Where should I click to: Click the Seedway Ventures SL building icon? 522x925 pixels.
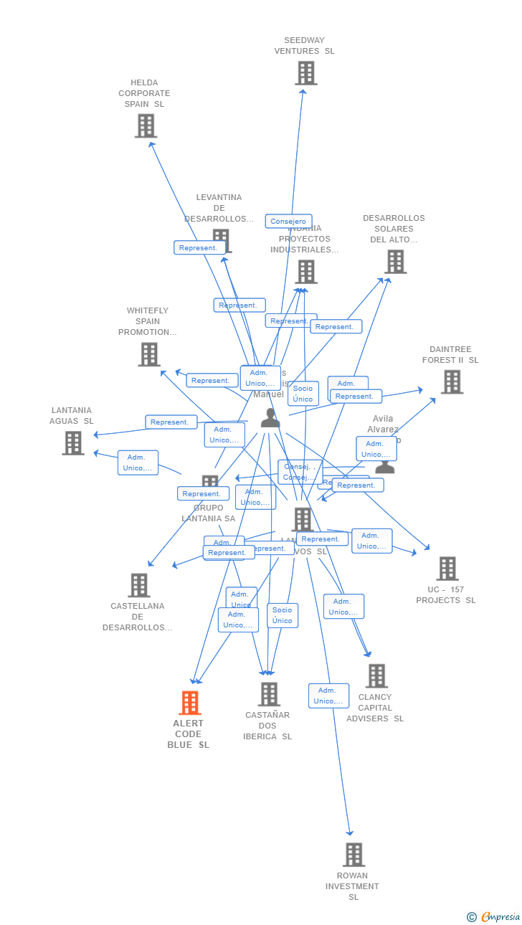point(306,73)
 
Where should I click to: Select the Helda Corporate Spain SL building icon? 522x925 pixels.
point(146,126)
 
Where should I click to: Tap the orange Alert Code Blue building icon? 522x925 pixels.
point(190,703)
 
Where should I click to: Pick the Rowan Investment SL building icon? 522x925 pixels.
point(353,855)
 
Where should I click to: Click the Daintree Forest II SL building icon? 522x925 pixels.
point(452,382)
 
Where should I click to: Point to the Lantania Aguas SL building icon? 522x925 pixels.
point(73,443)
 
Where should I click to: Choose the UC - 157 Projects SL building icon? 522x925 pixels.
point(447,569)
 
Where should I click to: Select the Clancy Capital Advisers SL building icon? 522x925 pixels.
point(376,675)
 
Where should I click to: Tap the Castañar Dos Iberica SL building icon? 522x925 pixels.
point(269,694)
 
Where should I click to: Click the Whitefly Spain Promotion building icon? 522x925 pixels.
point(149,354)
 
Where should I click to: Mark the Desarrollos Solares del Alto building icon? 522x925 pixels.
point(396,262)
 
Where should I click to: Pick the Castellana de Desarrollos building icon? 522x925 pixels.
point(139,585)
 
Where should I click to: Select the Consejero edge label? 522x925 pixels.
point(288,222)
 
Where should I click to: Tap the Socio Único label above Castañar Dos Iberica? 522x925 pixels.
point(283,615)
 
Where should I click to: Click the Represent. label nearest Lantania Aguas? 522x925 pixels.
point(171,422)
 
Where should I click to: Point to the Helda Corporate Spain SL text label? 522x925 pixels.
point(144,93)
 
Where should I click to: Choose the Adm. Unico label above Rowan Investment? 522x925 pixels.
point(328,696)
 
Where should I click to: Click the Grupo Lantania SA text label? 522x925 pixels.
point(208,513)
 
